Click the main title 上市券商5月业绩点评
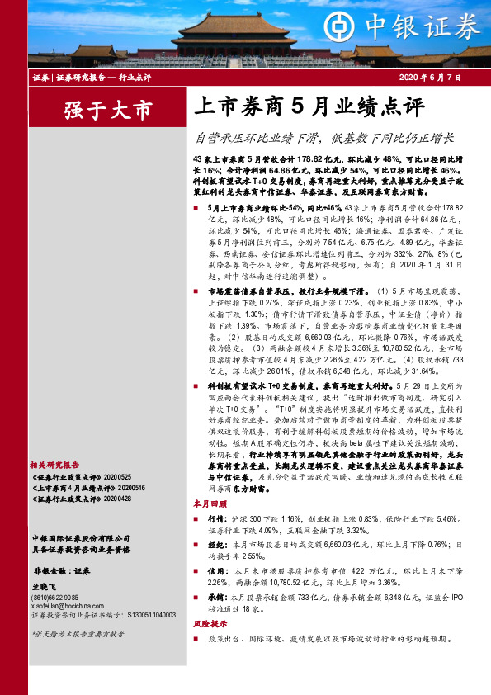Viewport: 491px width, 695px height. click(x=307, y=107)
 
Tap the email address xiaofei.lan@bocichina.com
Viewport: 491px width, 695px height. click(x=66, y=605)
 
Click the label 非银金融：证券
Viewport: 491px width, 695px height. click(x=61, y=570)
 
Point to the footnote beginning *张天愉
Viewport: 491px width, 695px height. click(x=78, y=634)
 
